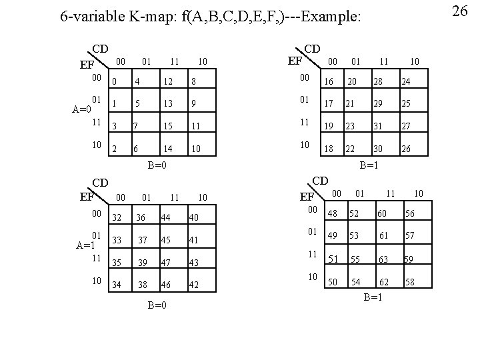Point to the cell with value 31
click(379, 126)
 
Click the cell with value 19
click(328, 126)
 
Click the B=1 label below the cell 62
click(373, 297)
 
